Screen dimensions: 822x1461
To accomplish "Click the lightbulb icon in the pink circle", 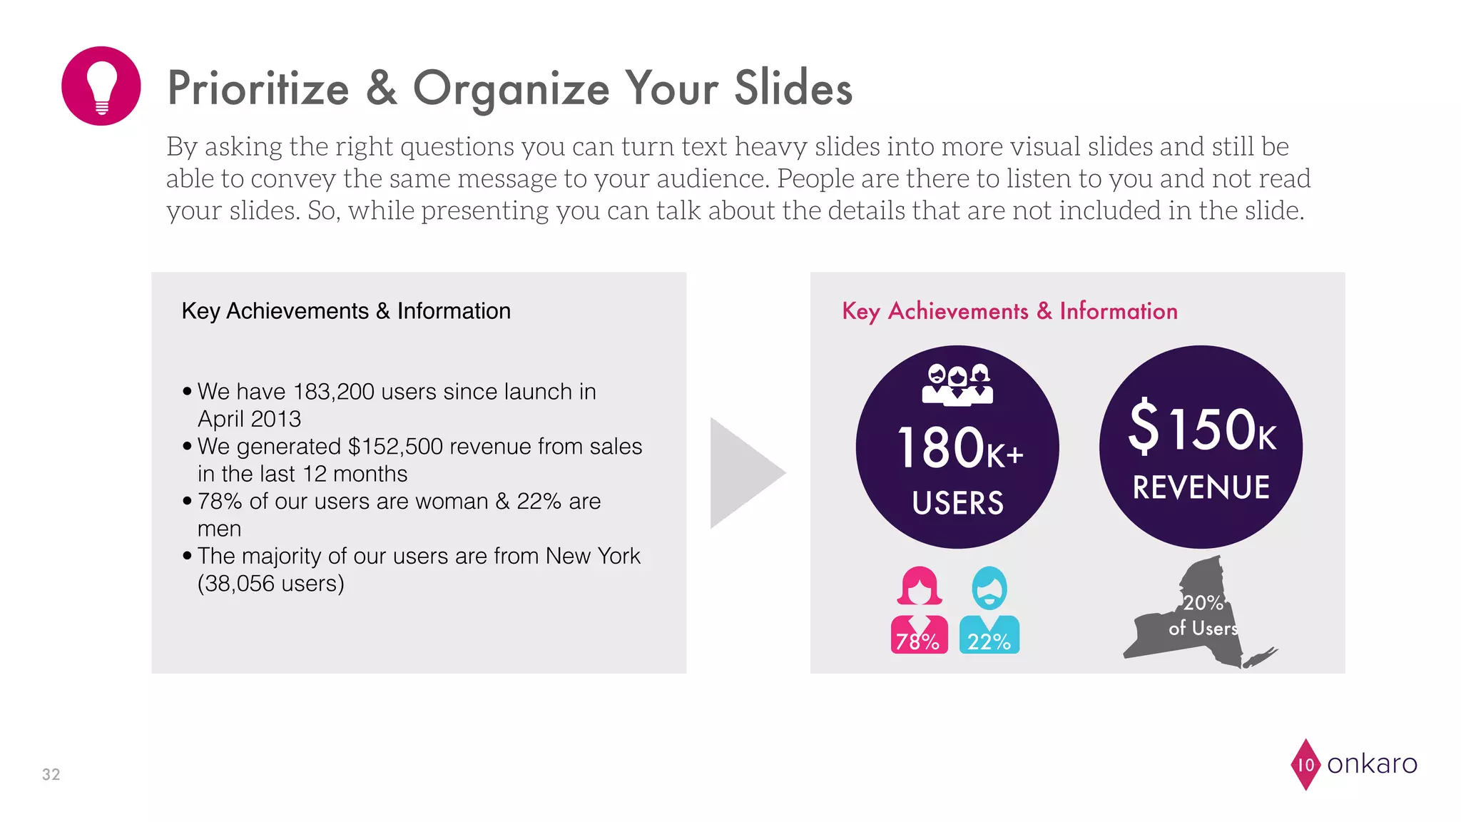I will pyautogui.click(x=101, y=87).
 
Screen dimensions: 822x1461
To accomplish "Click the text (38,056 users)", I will pyautogui.click(x=271, y=584).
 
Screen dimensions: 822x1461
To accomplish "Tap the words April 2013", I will pyautogui.click(x=249, y=419).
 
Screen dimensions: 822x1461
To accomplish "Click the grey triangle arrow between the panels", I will pyautogui.click(x=742, y=472).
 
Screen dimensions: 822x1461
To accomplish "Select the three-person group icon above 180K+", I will pyautogui.click(x=957, y=385).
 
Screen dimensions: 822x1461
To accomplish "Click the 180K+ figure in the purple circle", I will pyautogui.click(x=959, y=449).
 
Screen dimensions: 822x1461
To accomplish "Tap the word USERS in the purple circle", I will pyautogui.click(x=957, y=503).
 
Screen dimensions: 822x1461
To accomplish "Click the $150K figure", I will pyautogui.click(x=1202, y=428).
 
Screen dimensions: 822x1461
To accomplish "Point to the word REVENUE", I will pyautogui.click(x=1201, y=488).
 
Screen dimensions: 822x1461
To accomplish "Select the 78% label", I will pyautogui.click(x=917, y=641).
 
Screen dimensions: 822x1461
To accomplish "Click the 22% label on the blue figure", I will pyautogui.click(x=989, y=641).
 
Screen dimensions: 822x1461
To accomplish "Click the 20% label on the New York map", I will pyautogui.click(x=1203, y=603).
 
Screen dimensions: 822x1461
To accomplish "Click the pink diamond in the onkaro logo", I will pyautogui.click(x=1305, y=764).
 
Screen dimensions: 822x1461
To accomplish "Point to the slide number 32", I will pyautogui.click(x=51, y=774).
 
